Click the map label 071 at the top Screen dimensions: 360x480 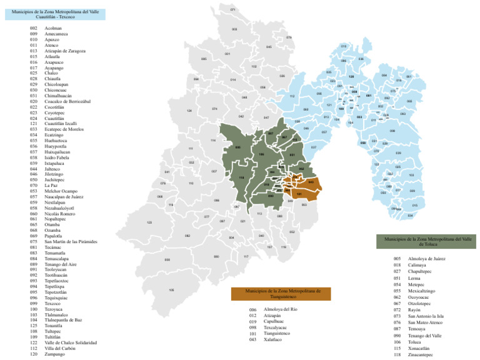[x=232, y=9]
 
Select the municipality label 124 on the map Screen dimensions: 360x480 [x=189, y=111]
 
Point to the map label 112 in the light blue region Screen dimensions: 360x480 [x=292, y=96]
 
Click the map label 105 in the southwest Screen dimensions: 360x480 [x=171, y=290]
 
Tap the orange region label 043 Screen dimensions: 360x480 [x=311, y=182]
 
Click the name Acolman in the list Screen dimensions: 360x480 [x=53, y=28]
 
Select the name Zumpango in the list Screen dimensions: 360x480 [x=55, y=354]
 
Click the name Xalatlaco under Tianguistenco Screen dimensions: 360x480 [x=276, y=339]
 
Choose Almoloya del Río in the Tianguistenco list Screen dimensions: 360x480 [x=281, y=309]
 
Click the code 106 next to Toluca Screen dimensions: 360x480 [x=397, y=342]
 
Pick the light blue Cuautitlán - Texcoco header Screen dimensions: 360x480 [x=55, y=14]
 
